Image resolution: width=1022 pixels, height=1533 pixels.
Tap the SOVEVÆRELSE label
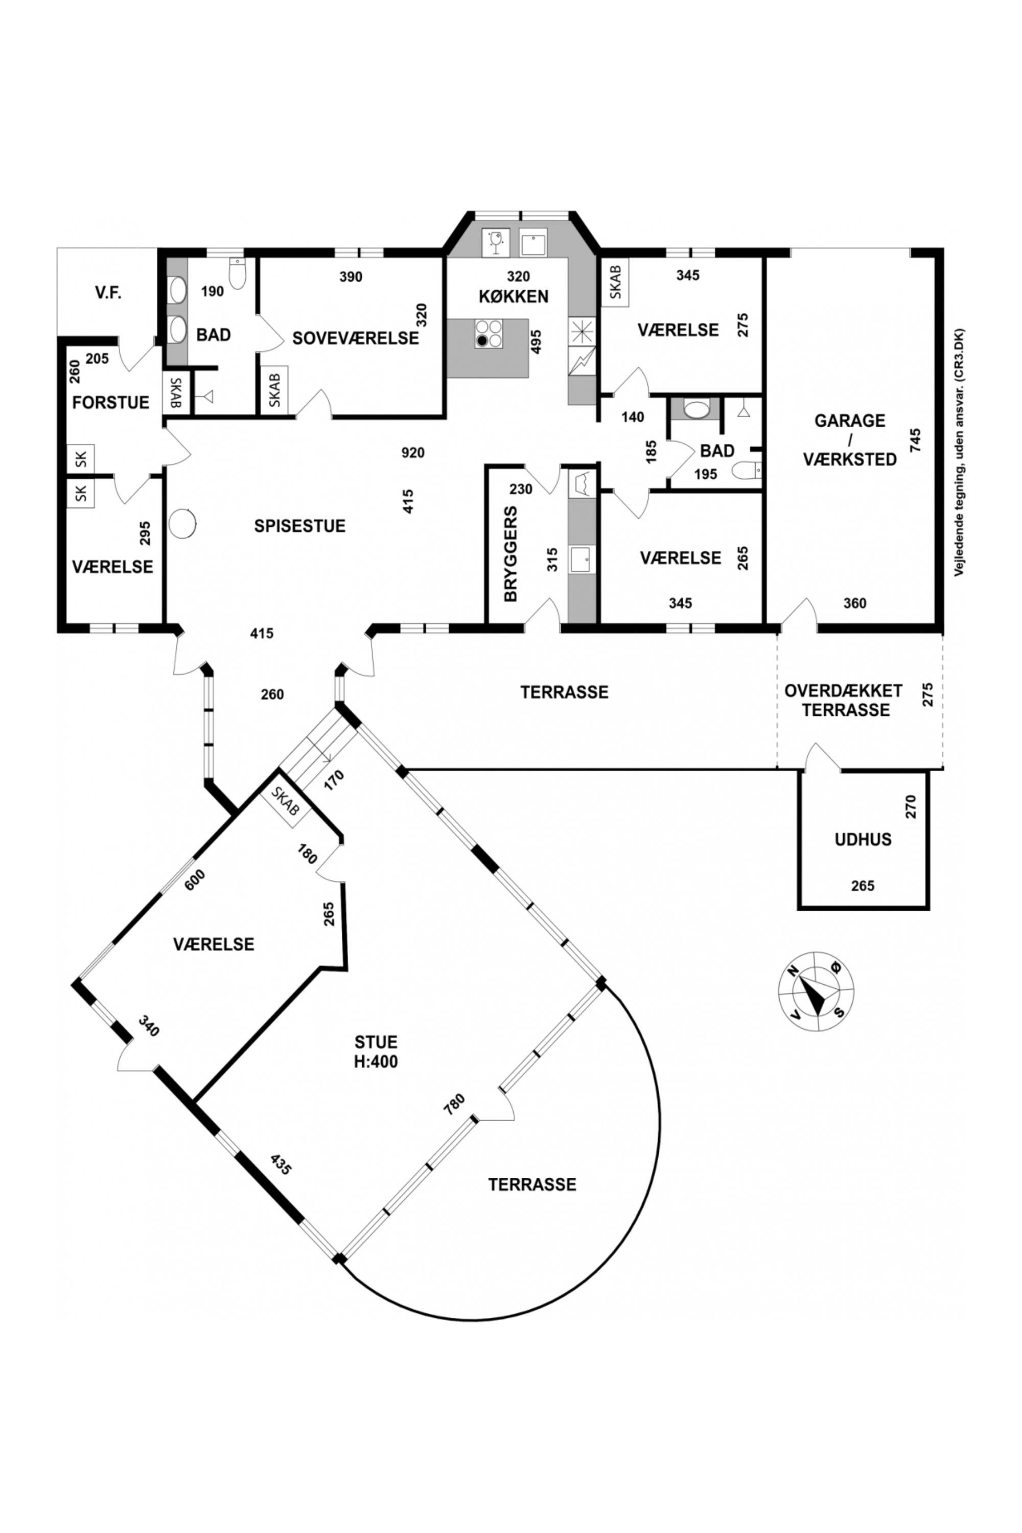tap(355, 339)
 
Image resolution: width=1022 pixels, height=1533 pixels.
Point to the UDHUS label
tap(863, 840)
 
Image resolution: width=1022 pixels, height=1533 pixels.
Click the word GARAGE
tap(850, 421)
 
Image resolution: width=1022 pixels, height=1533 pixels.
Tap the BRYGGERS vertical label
tap(511, 553)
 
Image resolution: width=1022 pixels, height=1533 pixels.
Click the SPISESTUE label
tap(300, 526)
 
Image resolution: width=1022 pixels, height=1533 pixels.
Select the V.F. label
tap(109, 293)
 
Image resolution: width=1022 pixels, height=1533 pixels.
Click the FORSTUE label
tap(111, 403)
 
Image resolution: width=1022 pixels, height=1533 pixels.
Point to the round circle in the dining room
tap(182, 523)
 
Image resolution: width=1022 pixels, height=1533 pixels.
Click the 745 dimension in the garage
tap(916, 442)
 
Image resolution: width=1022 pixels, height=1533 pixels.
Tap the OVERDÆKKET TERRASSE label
tap(844, 700)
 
